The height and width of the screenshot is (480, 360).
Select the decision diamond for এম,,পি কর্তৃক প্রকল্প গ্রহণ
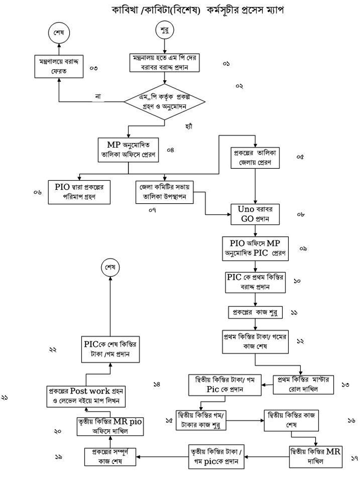point(164,102)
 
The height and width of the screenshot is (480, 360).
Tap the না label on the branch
point(98,96)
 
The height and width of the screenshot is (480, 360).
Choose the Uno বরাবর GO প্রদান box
point(255,214)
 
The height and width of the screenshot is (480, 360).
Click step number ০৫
point(300,157)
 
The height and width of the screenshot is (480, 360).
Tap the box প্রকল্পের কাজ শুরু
point(255,312)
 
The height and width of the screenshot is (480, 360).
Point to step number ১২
point(300,341)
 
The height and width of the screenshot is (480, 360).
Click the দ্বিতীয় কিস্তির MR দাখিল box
point(316,456)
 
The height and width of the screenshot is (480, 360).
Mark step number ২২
point(52,350)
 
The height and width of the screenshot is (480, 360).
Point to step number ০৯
point(303,249)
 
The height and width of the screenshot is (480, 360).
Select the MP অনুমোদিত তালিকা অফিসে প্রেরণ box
point(128,150)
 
